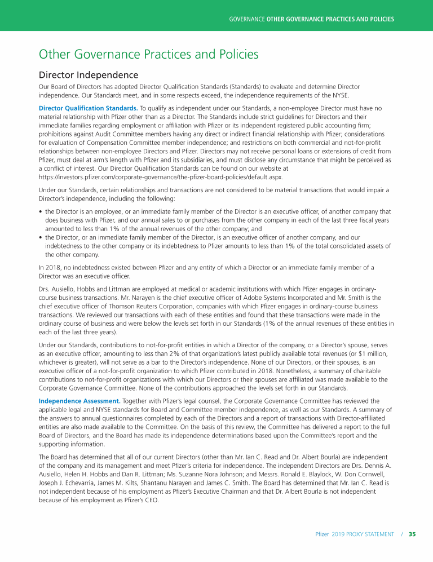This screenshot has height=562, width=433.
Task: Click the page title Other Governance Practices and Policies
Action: [x=148, y=54]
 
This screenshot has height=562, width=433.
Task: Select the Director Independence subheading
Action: [x=88, y=74]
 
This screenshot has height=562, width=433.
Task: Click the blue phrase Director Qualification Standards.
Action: [x=87, y=108]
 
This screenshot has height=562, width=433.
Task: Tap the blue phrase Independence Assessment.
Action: [x=79, y=401]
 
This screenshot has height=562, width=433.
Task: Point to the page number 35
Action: [x=412, y=534]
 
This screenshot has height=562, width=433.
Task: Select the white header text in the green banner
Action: [x=311, y=19]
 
